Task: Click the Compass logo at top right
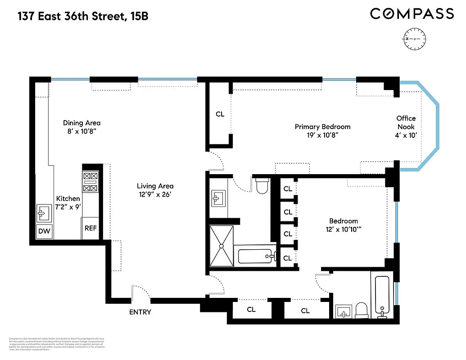pos(412,14)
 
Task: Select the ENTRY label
pos(140,312)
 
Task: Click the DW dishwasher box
pos(45,231)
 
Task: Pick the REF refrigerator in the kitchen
pos(90,228)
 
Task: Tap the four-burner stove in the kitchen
pos(90,182)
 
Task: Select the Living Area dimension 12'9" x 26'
pos(155,194)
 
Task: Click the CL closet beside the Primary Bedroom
pos(220,114)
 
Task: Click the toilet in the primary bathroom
pos(262,185)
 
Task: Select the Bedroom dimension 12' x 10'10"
pos(344,229)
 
